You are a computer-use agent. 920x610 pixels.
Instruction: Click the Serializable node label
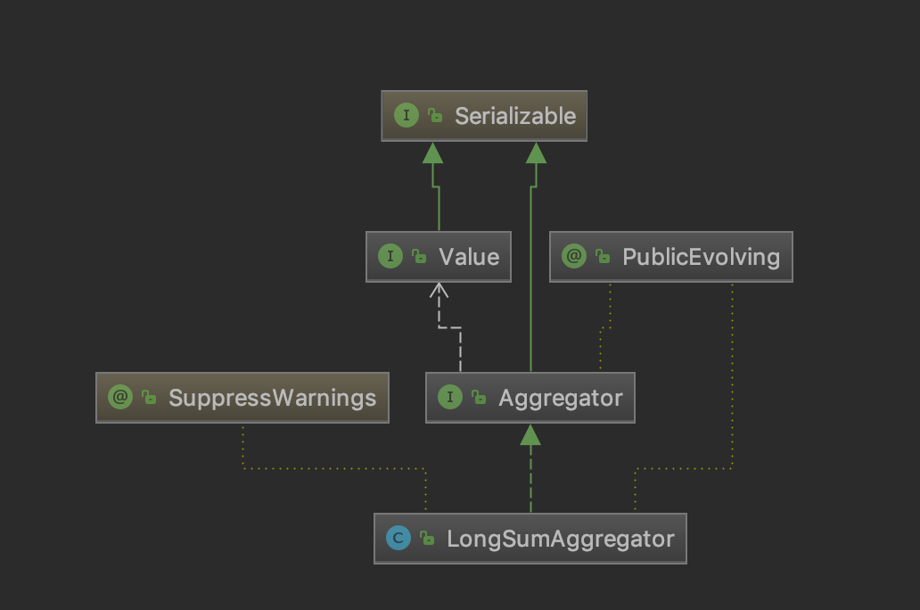tap(515, 116)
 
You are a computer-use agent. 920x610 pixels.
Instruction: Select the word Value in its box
tap(469, 257)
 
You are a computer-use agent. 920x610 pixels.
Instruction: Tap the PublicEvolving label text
tap(702, 257)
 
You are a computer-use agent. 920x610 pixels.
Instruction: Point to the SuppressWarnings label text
tap(272, 398)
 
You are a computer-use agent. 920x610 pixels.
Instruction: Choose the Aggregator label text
tap(560, 398)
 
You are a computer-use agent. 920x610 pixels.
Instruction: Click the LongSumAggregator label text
tap(560, 539)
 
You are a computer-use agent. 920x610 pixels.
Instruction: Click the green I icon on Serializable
tap(406, 116)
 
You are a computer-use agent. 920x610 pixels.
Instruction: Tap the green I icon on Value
tap(390, 257)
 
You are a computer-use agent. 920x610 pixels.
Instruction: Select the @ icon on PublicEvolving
tap(574, 257)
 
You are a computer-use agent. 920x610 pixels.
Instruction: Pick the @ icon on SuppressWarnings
tap(119, 398)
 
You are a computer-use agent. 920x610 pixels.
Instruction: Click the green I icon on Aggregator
tap(449, 398)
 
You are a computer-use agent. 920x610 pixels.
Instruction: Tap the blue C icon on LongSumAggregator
tap(398, 539)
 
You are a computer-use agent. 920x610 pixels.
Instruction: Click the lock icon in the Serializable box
tap(435, 117)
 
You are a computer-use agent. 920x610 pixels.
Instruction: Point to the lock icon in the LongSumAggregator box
tap(428, 540)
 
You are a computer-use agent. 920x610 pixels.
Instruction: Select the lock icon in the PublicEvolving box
tap(604, 258)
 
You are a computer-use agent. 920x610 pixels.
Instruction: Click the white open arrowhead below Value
tap(439, 291)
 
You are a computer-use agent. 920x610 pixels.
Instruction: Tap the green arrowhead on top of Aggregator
tap(530, 434)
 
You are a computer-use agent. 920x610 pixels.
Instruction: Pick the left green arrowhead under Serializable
tap(433, 152)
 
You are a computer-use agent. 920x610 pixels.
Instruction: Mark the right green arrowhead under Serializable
tap(535, 152)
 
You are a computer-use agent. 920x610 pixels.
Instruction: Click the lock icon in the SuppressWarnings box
tap(149, 399)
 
